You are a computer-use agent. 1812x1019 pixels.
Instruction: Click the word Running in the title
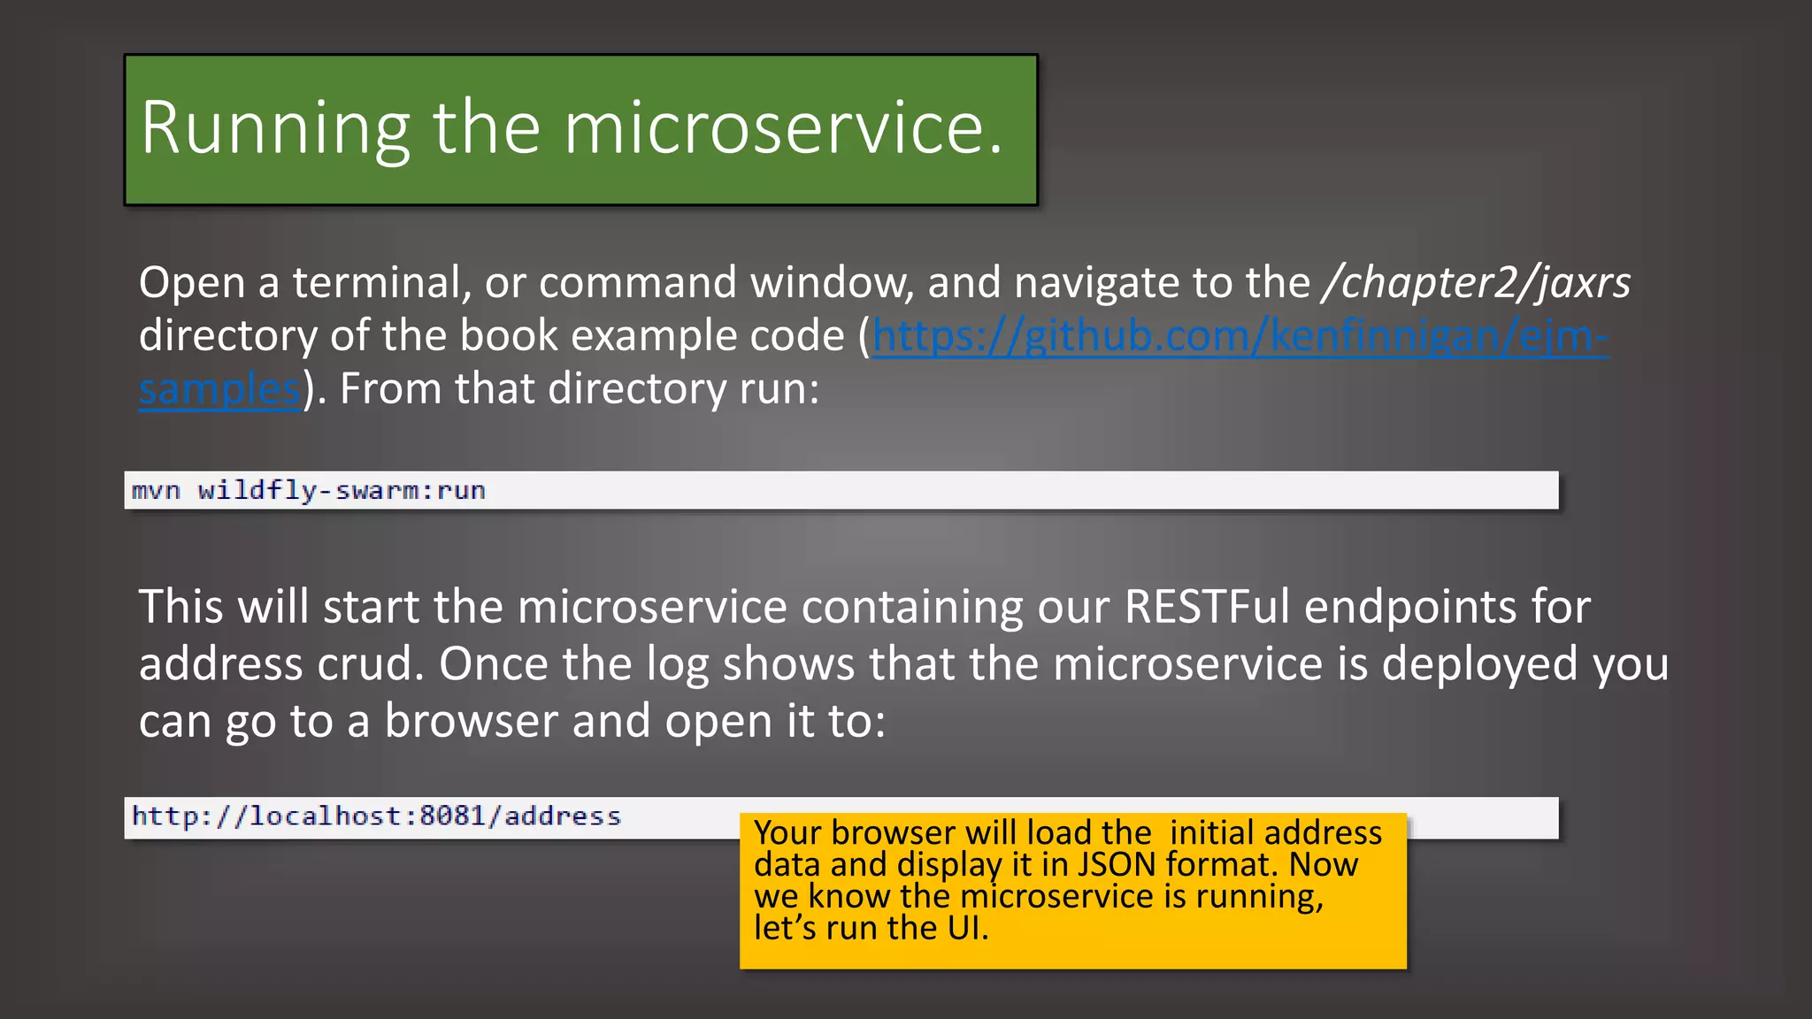275,129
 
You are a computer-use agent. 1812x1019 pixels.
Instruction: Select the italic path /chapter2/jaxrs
1476,283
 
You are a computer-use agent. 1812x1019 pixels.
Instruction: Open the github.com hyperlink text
1240,336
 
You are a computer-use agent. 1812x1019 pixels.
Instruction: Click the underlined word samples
220,389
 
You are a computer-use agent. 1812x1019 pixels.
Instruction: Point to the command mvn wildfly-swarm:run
309,491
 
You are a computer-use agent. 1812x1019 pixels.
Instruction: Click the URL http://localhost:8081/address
377,816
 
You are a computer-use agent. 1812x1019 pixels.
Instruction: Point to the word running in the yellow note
1259,896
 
